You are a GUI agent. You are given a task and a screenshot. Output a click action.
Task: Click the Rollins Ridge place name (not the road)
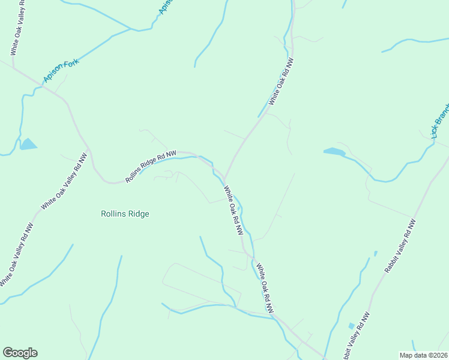point(125,214)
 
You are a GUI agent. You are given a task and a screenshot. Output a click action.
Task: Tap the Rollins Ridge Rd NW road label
point(151,167)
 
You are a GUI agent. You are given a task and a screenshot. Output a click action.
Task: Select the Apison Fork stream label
point(61,71)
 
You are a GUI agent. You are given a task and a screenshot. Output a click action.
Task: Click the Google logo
point(20,353)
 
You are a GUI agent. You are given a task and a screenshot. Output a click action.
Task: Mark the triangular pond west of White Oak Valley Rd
point(28,144)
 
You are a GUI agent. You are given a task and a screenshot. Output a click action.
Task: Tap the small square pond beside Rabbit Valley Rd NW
point(351,326)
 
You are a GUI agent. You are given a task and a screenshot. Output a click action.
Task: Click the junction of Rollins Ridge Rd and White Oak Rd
point(224,178)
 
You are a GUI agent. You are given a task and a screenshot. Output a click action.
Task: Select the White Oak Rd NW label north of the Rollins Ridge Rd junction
point(281,82)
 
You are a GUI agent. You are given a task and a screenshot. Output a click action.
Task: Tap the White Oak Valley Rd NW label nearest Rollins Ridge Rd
point(64,181)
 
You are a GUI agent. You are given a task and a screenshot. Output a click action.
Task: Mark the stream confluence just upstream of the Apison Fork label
point(131,28)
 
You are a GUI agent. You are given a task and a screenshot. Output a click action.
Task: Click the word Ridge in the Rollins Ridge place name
point(139,214)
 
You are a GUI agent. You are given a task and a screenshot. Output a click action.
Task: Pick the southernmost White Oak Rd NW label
point(265,289)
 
